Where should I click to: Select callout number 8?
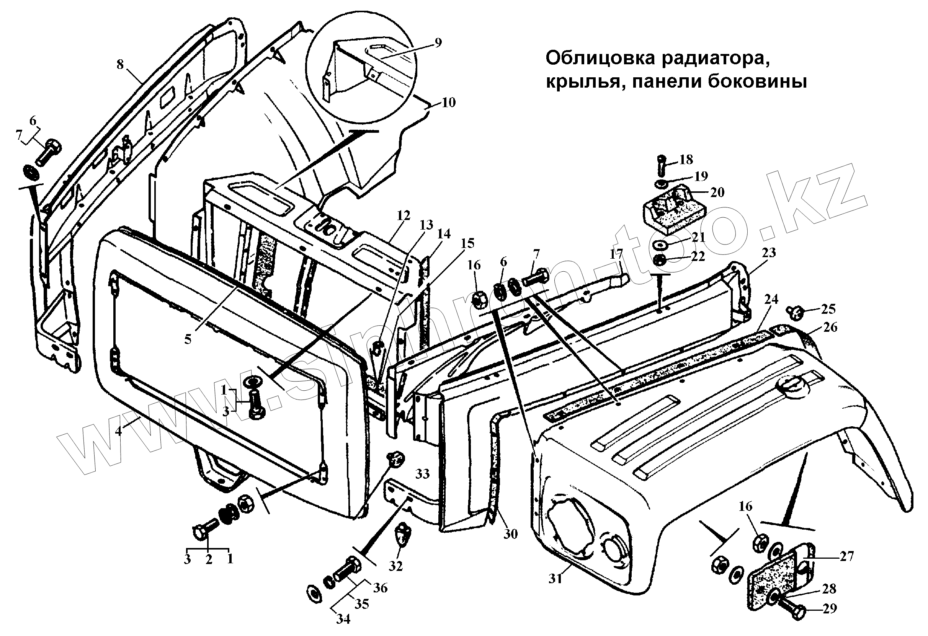tap(120, 64)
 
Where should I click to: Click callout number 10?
tap(448, 103)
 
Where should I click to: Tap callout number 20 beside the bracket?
tap(717, 192)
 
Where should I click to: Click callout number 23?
tap(769, 252)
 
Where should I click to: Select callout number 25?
tap(828, 309)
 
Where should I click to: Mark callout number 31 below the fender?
tap(555, 579)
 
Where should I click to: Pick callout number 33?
tap(423, 474)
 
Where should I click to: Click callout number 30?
tap(510, 534)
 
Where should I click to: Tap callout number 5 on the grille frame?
tap(188, 339)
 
